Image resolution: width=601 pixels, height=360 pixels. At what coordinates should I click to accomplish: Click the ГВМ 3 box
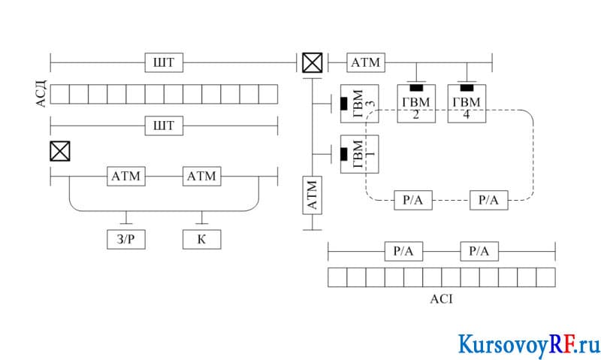360,104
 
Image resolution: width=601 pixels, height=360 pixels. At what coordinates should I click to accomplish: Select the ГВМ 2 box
416,104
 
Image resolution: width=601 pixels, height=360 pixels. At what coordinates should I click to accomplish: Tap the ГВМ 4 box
467,104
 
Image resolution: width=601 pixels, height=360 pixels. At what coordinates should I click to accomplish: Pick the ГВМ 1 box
360,154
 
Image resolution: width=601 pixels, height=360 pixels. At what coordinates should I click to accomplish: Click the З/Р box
126,239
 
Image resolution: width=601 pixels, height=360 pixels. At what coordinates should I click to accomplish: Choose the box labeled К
201,239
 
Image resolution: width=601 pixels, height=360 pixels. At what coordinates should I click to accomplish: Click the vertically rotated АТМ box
313,195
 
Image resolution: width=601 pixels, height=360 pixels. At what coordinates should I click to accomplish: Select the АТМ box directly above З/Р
126,177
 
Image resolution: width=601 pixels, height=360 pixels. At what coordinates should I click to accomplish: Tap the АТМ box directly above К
201,177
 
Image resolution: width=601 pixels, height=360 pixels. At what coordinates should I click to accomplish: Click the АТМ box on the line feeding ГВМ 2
366,62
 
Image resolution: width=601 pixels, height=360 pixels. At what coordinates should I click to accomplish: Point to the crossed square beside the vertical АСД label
60,151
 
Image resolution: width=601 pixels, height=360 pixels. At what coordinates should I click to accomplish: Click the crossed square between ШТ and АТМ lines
313,63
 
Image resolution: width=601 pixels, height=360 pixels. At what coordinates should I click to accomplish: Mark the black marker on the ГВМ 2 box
416,88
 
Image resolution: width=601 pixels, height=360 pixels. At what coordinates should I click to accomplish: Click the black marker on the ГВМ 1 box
344,154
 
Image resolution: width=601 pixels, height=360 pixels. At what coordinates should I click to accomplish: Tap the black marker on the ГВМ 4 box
467,88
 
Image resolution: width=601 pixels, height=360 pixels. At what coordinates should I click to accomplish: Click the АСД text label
41,94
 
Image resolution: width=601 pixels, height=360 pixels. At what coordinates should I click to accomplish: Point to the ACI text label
441,299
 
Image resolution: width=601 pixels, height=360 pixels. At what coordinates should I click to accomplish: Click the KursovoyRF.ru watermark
530,344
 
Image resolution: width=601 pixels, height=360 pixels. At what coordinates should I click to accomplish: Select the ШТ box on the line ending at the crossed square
164,62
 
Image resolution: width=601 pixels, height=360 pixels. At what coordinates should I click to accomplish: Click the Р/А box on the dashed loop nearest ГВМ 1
413,200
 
